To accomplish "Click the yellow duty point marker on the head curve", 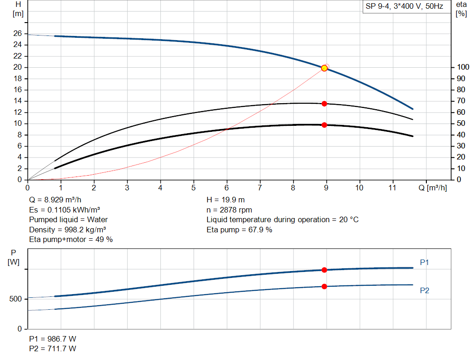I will pos(324,68).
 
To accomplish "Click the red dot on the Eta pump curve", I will pos(324,104).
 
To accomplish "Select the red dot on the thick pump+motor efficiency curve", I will pos(324,125).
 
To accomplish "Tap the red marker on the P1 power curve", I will pos(324,270).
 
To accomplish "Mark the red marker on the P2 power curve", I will pos(324,286).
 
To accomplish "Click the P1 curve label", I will pos(425,262).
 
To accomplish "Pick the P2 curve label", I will pos(425,290).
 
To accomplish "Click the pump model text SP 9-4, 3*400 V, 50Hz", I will pos(404,7).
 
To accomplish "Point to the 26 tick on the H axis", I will pos(18,34).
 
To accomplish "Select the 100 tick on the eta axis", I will pos(462,67).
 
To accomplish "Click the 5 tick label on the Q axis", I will pos(194,188).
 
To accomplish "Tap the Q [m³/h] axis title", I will pos(432,188).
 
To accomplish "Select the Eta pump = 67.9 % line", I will pos(239,230).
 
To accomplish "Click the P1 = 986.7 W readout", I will pos(53,339).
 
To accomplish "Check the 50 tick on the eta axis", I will pos(460,124).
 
